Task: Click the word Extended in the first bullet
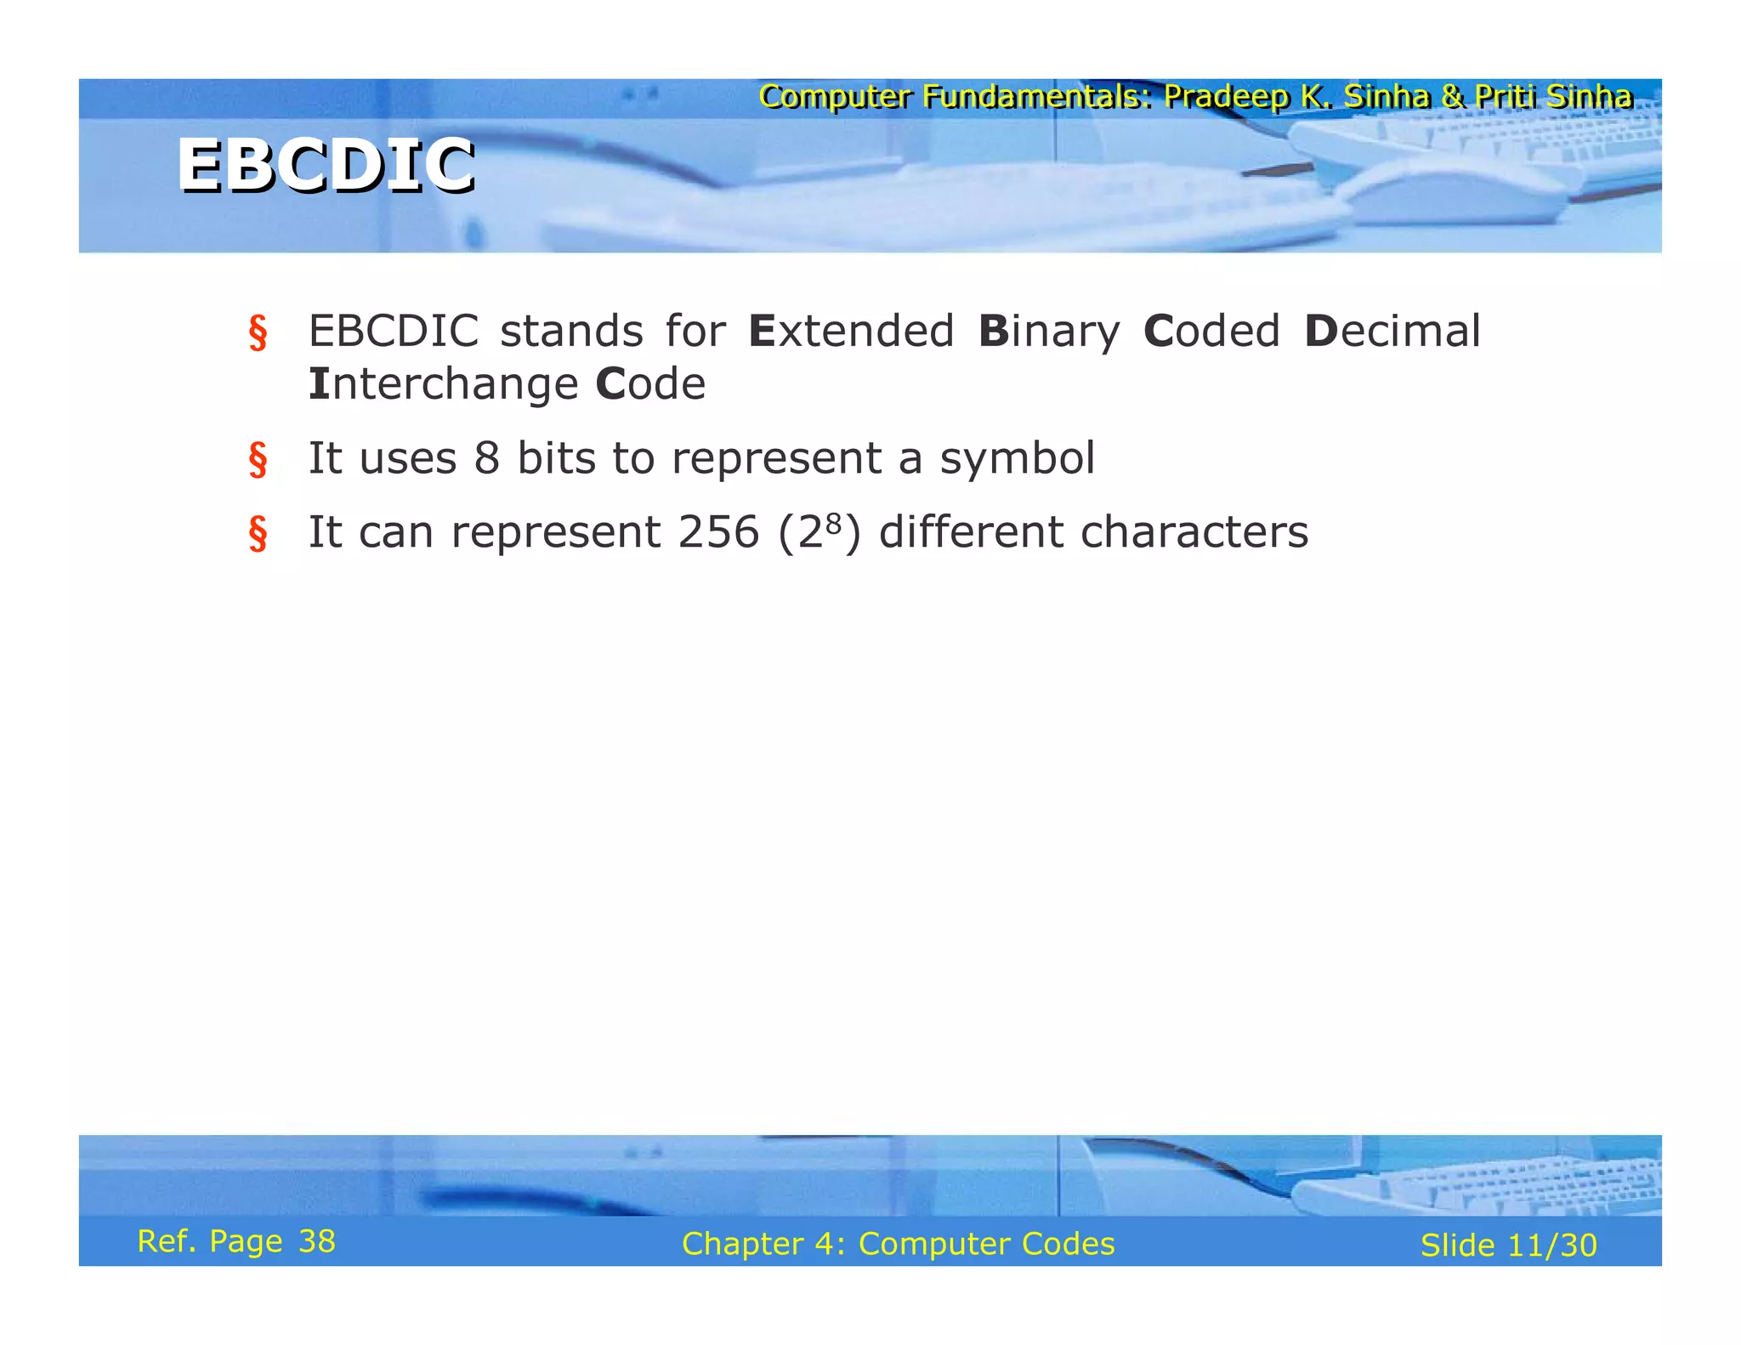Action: [851, 331]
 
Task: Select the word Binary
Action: [1049, 332]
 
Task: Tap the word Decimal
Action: [1392, 331]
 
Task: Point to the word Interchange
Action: [443, 383]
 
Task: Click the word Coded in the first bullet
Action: [1211, 331]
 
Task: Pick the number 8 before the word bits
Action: [487, 458]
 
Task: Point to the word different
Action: [970, 532]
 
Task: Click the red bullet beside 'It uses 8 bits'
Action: [258, 460]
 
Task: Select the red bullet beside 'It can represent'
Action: [258, 534]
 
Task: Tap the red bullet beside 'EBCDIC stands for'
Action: [258, 332]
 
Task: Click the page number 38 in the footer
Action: [317, 1241]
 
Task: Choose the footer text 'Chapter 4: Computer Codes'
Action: [898, 1244]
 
